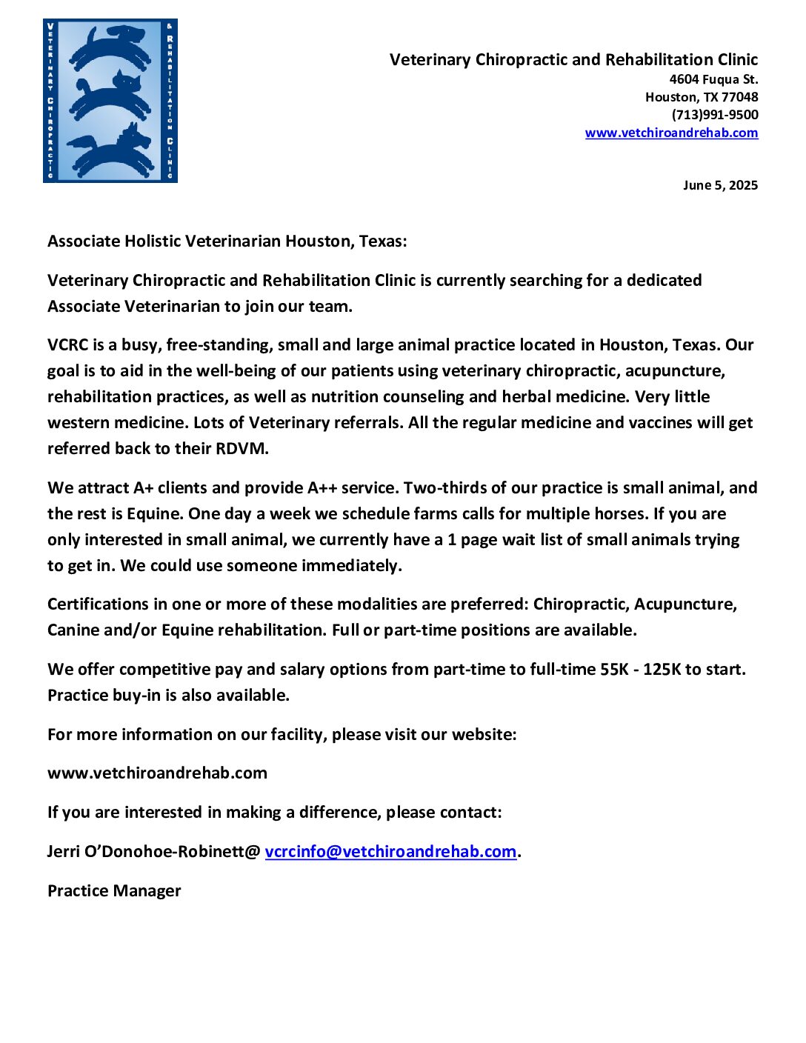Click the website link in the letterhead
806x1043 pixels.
coord(671,133)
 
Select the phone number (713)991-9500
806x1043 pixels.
coord(715,115)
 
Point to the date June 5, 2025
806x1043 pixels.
coord(720,185)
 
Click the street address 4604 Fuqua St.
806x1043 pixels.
coord(713,79)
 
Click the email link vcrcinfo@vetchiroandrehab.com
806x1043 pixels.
coord(390,852)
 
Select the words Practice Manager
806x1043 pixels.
coord(114,891)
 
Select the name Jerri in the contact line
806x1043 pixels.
coord(63,852)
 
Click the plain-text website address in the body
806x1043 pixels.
coord(157,773)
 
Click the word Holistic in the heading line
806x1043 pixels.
coord(152,241)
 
